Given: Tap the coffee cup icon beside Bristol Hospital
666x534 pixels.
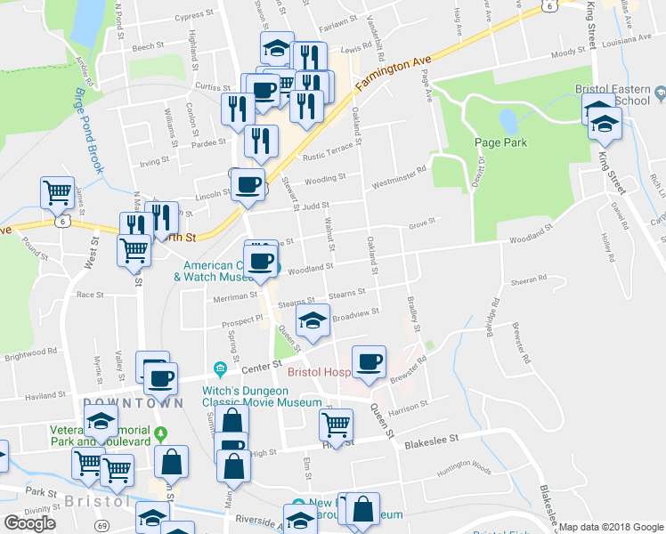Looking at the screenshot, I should pos(369,361).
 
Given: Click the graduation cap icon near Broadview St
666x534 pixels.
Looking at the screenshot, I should pos(313,321).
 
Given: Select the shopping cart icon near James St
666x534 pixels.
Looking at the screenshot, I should pos(57,191).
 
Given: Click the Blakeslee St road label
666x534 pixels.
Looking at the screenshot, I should pos(431,440).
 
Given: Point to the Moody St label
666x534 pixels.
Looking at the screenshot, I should pos(568,53).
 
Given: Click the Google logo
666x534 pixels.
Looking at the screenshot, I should pos(29,523).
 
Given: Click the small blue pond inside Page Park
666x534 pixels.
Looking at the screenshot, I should pos(508,119).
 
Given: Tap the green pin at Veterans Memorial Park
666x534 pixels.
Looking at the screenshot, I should pos(160,435).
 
